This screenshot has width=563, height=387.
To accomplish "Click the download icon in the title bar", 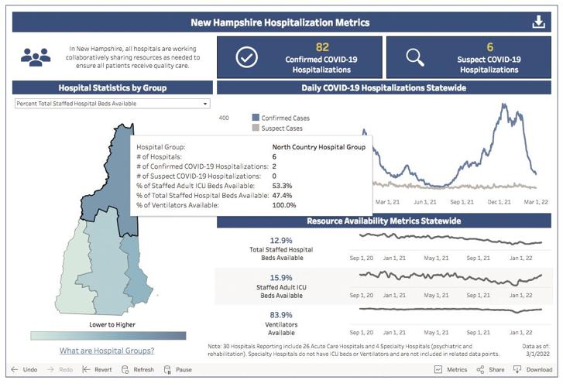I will (x=539, y=22).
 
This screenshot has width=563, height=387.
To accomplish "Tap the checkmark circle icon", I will (x=246, y=57).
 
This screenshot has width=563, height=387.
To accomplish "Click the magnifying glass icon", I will (x=414, y=57).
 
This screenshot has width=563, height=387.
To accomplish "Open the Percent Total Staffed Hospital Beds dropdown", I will (x=112, y=103).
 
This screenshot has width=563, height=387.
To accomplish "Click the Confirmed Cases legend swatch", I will (x=255, y=118).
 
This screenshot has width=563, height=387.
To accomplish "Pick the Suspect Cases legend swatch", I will (x=255, y=128).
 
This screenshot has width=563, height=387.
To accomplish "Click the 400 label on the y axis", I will (x=224, y=118).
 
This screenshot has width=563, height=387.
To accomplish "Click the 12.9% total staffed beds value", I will (x=281, y=240).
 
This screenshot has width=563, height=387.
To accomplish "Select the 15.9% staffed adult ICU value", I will (x=281, y=278).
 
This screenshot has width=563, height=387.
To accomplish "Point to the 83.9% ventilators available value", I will (x=281, y=315).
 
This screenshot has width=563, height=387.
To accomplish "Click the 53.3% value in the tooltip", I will (x=282, y=186).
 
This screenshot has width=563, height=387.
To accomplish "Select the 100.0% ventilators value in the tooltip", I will (x=285, y=205).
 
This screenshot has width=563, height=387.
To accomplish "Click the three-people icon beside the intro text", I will (x=36, y=57).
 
